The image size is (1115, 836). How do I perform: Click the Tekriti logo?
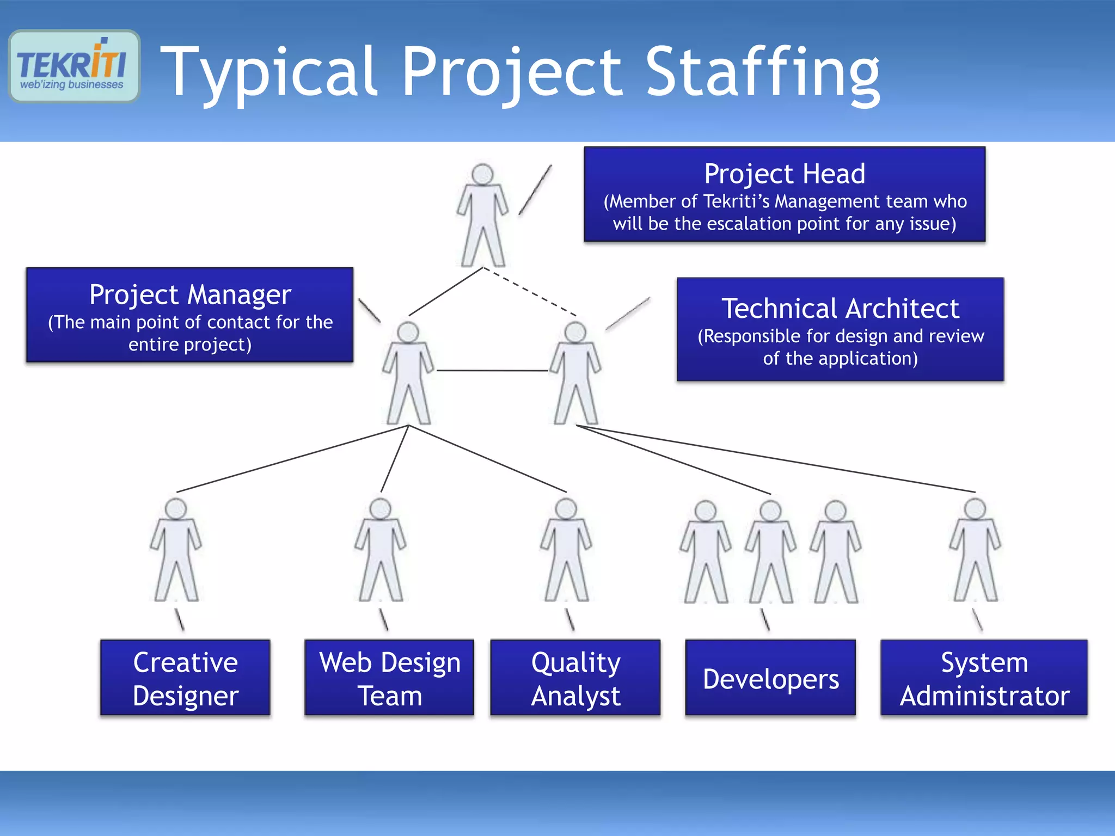[x=74, y=66]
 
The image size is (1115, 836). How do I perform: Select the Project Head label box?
[x=785, y=194]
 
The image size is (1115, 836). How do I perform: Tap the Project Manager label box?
[x=189, y=315]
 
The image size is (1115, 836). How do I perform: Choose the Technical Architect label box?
[x=840, y=329]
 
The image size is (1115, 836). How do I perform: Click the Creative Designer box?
[x=185, y=678]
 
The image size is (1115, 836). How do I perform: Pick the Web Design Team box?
[x=389, y=678]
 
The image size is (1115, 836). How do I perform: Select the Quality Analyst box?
[x=575, y=678]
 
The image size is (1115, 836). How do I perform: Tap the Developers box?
[x=770, y=678]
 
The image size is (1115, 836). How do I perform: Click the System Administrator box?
[x=984, y=678]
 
